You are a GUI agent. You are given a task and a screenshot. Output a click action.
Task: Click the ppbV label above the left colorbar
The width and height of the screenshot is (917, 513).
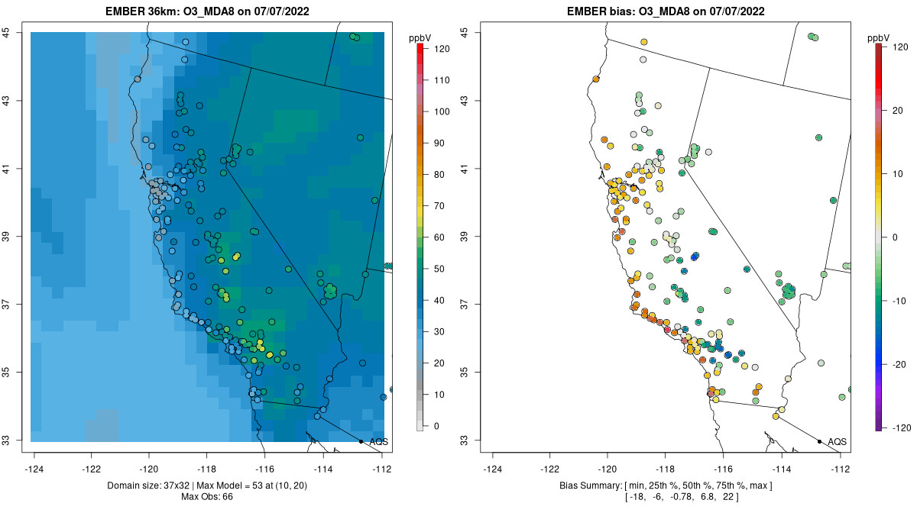click(420, 37)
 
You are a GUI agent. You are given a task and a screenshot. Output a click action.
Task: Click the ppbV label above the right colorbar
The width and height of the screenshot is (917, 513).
click(878, 37)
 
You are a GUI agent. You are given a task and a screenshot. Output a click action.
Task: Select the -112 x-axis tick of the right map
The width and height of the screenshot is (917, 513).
click(841, 468)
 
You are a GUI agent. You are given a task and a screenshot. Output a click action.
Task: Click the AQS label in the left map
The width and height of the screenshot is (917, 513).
click(378, 441)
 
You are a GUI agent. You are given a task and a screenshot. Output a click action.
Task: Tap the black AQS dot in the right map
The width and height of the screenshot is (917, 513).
click(819, 441)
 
